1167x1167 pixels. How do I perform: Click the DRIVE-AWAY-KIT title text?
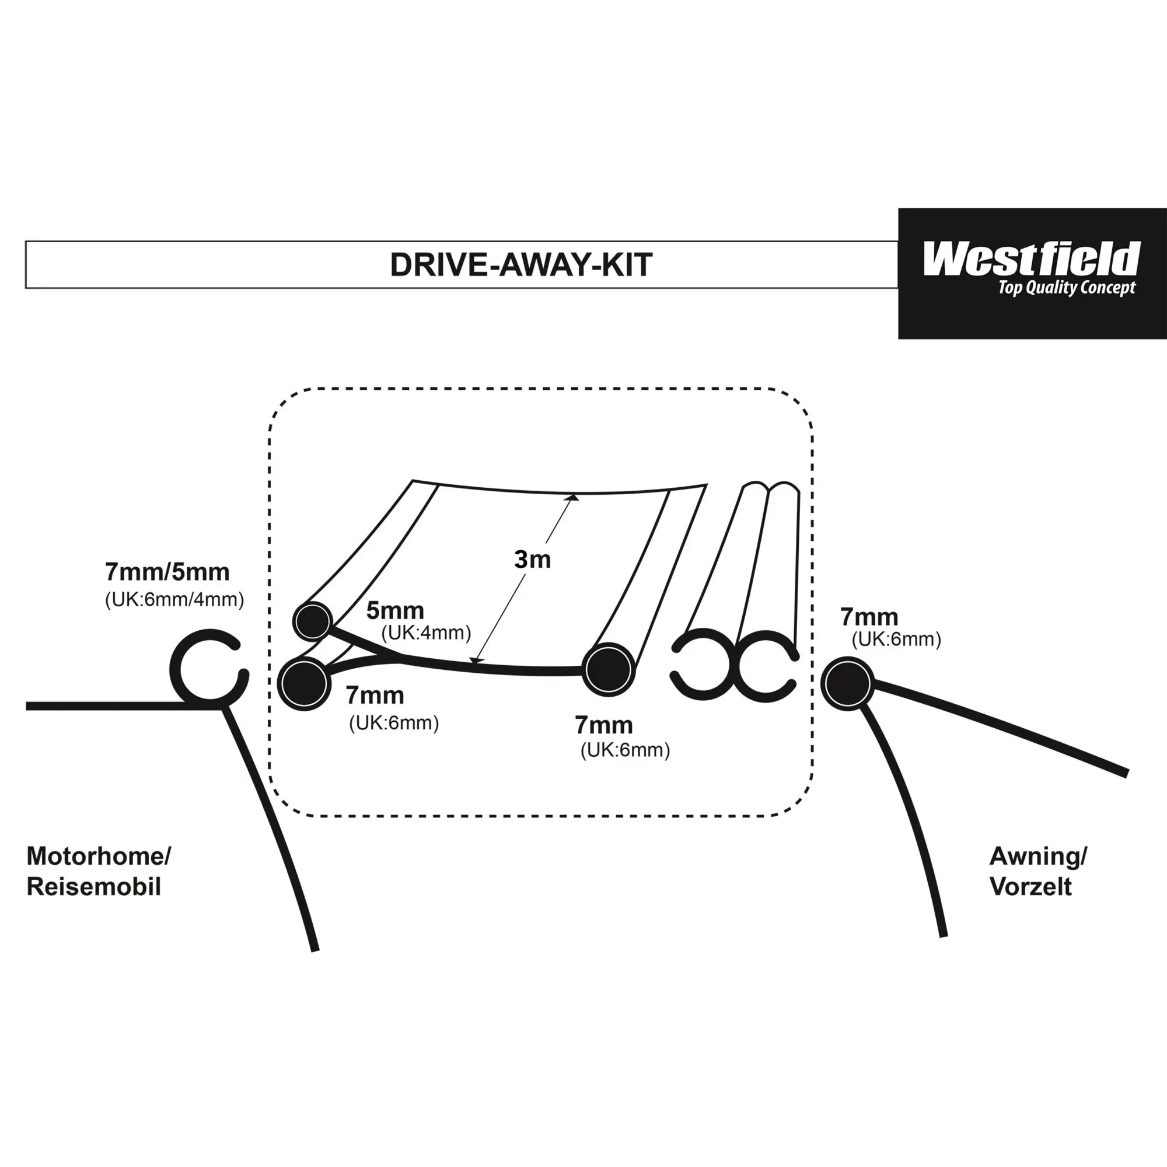coord(520,264)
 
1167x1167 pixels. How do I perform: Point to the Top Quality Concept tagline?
coord(1067,288)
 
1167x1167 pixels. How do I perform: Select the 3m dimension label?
coord(532,560)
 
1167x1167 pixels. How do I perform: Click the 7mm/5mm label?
coord(167,572)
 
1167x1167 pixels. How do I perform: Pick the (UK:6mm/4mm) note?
coord(174,600)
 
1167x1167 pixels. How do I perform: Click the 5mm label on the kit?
coord(395,611)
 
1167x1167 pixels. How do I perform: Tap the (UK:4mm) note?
coord(426,633)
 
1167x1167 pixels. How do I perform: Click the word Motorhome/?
coord(99,856)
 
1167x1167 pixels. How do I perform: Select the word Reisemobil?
coord(94,887)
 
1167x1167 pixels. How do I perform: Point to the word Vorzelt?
coord(1031,887)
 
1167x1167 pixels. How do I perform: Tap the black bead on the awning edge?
coord(847,683)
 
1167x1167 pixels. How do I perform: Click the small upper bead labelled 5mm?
coord(313,620)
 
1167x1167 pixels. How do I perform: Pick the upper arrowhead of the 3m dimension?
coord(572,498)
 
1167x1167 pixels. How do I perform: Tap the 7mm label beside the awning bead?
coord(869,617)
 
